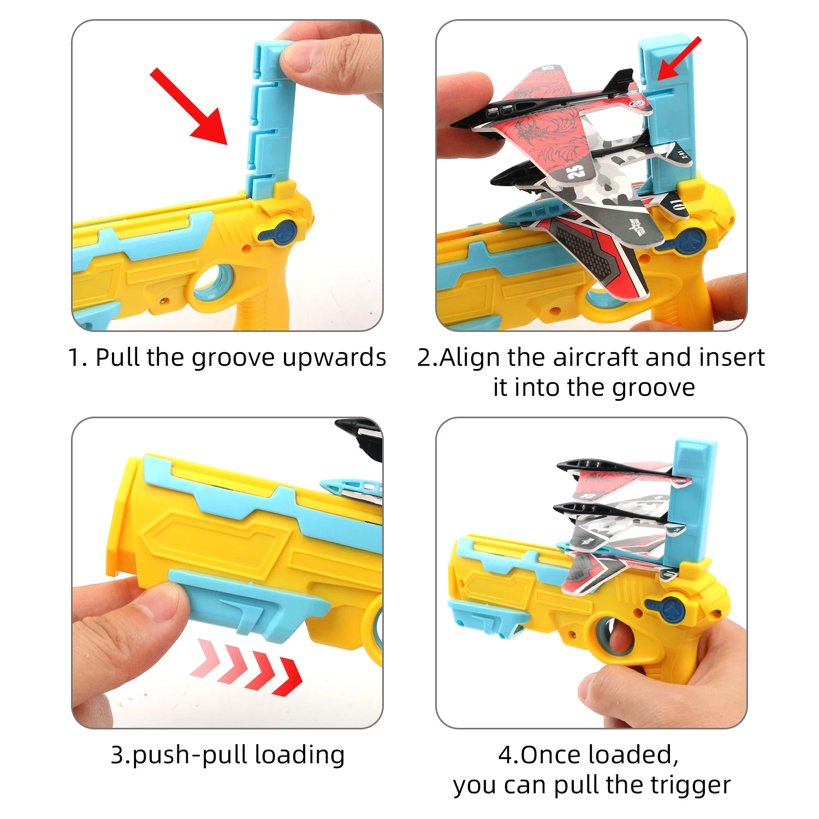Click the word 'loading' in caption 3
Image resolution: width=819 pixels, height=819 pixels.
300,755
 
